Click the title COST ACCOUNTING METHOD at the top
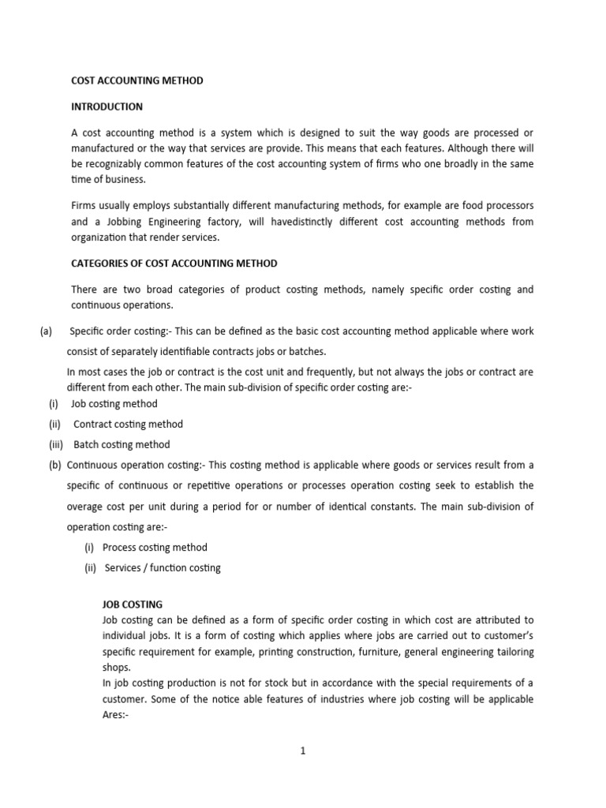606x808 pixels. click(x=137, y=80)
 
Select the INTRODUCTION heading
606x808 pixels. click(x=107, y=106)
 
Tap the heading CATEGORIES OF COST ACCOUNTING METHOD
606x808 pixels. click(x=174, y=263)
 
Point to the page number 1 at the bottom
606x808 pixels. click(x=302, y=751)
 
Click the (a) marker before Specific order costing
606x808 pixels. click(x=46, y=331)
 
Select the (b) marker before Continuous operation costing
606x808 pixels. click(x=55, y=465)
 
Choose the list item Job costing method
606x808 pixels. click(x=114, y=403)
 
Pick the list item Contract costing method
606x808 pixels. click(x=128, y=424)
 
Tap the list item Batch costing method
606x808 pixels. click(x=122, y=444)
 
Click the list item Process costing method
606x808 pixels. click(x=155, y=547)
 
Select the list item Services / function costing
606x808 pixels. click(x=162, y=567)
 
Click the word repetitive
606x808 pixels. click(x=239, y=485)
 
